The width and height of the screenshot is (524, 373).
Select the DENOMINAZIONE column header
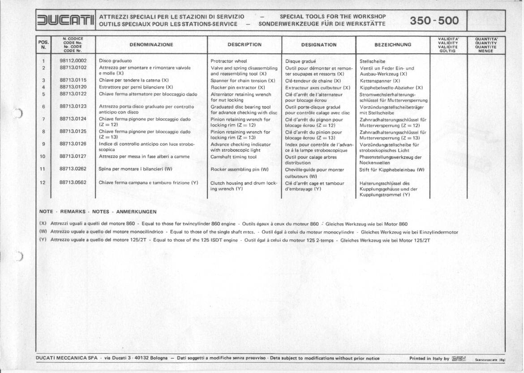151,45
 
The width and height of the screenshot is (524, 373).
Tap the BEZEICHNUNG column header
392,45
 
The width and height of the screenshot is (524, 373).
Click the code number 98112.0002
73,60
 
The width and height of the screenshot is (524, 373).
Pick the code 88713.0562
73,183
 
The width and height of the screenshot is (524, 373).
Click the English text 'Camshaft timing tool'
233,157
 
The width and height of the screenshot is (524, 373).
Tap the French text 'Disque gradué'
301,61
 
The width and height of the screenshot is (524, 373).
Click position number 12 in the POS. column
43,183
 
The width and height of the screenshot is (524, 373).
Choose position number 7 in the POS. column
43,119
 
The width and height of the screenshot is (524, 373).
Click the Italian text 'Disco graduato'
115,60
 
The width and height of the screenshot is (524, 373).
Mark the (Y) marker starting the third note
43,240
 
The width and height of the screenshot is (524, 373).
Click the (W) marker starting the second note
43,232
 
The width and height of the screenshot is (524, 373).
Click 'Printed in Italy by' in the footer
429,358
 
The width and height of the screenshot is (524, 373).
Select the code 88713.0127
73,156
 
